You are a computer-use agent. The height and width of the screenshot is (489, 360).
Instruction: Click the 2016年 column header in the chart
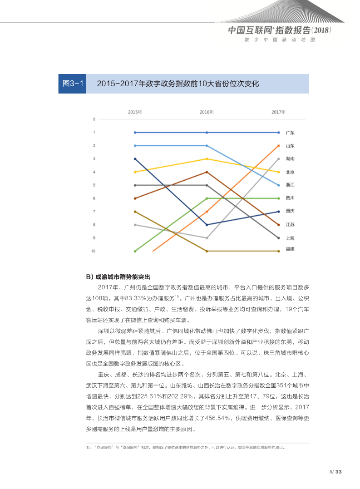click(x=207, y=112)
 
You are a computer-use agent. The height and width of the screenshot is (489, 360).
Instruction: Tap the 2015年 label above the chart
click(x=135, y=112)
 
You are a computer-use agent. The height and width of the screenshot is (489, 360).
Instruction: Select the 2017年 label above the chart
click(x=278, y=112)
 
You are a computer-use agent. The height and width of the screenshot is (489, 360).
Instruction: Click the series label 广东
click(x=290, y=133)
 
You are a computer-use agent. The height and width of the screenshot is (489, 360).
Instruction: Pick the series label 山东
click(x=290, y=146)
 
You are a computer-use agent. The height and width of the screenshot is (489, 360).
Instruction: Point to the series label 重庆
click(x=290, y=211)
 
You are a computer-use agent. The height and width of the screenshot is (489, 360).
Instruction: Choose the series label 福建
click(x=290, y=249)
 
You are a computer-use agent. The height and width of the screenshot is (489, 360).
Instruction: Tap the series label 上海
click(x=290, y=238)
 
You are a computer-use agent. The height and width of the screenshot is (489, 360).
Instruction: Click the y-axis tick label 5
click(x=94, y=185)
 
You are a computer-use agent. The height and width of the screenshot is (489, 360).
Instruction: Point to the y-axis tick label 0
click(x=94, y=119)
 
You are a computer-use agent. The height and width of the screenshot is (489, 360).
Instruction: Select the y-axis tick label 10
click(x=93, y=251)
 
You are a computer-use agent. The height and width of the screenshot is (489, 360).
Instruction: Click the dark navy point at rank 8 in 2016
click(x=207, y=225)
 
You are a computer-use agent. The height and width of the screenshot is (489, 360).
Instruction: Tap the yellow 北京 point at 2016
click(x=207, y=159)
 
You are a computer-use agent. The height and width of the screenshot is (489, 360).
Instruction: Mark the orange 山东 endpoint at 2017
click(x=278, y=146)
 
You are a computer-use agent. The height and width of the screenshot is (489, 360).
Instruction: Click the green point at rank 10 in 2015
click(x=135, y=251)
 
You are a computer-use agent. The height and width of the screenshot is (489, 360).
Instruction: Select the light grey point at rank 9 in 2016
click(x=207, y=238)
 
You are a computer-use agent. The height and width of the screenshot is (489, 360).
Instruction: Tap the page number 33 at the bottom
click(x=338, y=472)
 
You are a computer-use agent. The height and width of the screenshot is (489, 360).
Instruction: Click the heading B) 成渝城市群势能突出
click(x=118, y=277)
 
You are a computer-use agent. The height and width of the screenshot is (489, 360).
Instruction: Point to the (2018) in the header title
click(x=323, y=30)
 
